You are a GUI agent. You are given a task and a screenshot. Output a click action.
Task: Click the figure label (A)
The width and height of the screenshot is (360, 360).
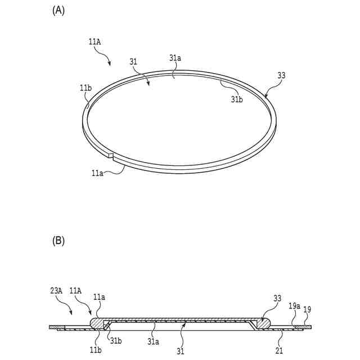[x=58, y=10]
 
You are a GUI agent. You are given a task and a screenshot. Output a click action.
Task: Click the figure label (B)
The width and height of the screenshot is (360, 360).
[x=58, y=241]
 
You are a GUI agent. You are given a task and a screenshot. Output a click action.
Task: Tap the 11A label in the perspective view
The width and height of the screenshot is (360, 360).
[x=95, y=40]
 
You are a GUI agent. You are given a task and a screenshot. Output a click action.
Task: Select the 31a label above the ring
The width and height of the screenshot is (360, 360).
[x=175, y=57]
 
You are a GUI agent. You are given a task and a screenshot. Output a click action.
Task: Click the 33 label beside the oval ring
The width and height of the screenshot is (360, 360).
[x=281, y=75]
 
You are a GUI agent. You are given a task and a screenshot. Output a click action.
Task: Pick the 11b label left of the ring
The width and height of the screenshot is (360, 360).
[x=85, y=88]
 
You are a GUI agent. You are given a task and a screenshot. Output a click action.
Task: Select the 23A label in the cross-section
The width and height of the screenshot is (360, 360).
[x=56, y=291]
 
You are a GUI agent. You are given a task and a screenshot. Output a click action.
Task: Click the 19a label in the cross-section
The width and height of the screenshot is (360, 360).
[x=294, y=307]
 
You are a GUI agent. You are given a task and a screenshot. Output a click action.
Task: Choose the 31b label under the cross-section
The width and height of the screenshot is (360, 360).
[x=116, y=340]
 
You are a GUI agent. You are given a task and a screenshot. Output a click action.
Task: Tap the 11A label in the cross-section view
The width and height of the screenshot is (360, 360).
[x=75, y=291]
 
